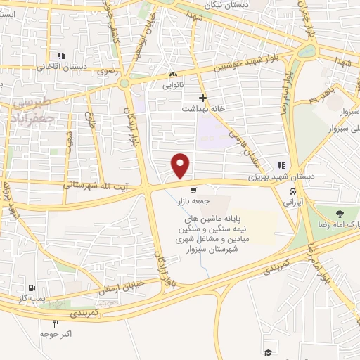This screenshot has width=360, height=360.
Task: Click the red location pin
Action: coord(181,165)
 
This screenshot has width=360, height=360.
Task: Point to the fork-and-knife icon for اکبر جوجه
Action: coord(56,323)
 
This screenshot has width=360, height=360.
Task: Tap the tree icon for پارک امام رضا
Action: coord(341,214)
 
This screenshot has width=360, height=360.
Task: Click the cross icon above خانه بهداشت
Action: coord(202,98)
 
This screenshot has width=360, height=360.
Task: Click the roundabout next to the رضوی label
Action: coord(124,83)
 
